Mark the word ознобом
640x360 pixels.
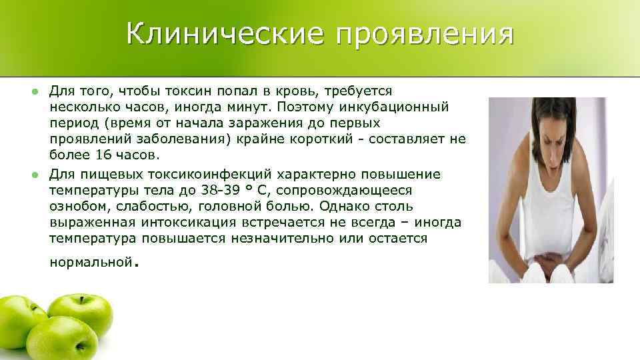74,207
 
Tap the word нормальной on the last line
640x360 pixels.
91,263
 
